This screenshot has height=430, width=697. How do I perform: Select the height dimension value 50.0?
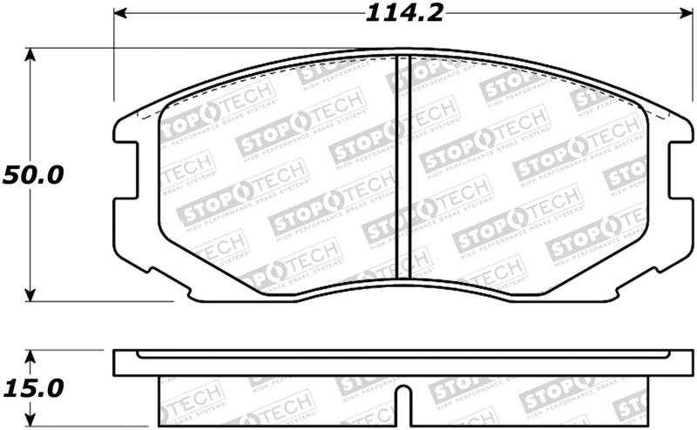(x=32, y=174)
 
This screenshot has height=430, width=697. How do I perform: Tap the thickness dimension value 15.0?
(x=32, y=384)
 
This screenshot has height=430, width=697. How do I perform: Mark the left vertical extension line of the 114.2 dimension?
(x=114, y=61)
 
